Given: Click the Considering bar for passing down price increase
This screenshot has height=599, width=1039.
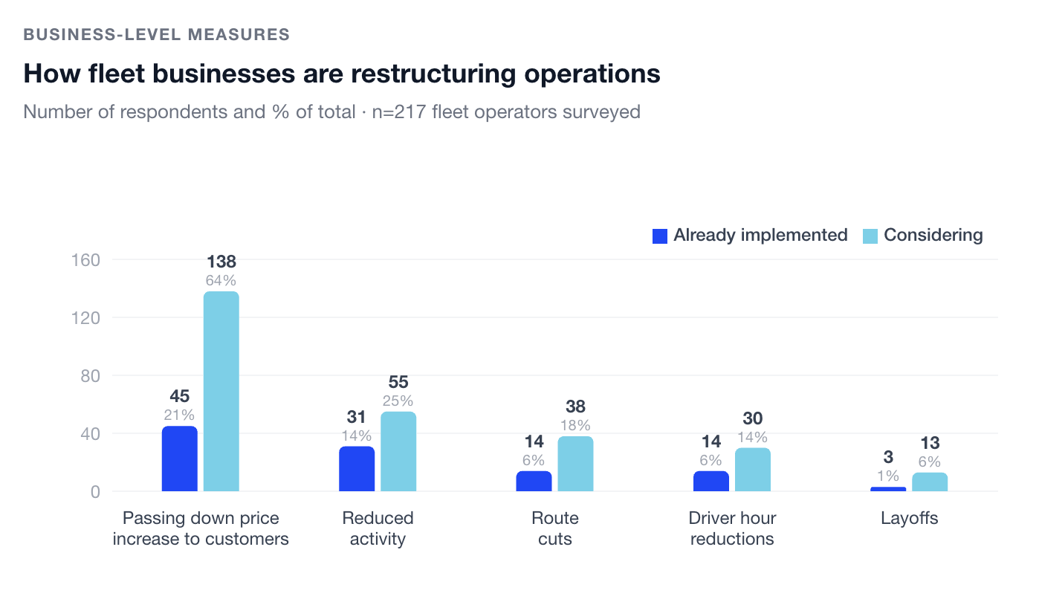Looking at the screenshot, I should point(221,391).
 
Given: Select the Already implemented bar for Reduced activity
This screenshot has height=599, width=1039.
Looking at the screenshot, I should point(357,468).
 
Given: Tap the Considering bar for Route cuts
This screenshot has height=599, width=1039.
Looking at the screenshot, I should point(575,463).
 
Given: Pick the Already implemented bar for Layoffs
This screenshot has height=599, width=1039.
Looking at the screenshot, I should point(888,489).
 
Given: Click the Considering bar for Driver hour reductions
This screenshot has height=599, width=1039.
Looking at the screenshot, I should point(753,469).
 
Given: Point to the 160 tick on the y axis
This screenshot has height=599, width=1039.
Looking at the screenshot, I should point(85,260).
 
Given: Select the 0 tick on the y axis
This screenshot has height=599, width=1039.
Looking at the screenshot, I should point(95,491).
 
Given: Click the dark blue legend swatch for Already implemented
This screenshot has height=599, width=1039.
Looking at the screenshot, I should point(660,236).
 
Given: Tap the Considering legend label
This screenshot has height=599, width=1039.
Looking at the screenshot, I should point(933,236).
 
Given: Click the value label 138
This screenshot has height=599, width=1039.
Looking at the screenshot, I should point(221,262).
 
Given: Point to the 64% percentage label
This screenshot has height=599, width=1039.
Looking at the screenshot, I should point(221,281).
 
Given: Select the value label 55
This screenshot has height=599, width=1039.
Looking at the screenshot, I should point(398,382).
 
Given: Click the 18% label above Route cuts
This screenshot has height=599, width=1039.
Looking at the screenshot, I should point(575,425).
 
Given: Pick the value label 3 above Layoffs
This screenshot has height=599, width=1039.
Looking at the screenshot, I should point(888,457).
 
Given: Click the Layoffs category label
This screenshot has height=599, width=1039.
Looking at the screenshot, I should point(909,518).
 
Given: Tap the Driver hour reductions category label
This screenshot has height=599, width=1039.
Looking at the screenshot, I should point(732,528).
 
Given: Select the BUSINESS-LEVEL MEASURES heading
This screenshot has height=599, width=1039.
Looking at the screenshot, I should point(156,34).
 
